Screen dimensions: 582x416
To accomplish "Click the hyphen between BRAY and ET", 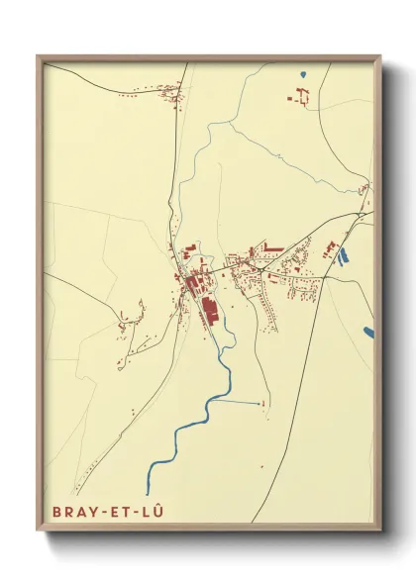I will pyautogui.click(x=95, y=514).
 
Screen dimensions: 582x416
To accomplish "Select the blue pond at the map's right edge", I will pyautogui.click(x=368, y=332).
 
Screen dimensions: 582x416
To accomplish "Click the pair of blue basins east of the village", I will pyautogui.click(x=343, y=255).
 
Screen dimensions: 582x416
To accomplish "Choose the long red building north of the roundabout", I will pyautogui.click(x=273, y=245).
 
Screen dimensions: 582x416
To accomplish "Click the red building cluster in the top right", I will pyautogui.click(x=299, y=96).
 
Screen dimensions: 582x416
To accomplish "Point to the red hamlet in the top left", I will pyautogui.click(x=170, y=94).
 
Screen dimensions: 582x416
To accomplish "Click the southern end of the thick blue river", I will pyautogui.click(x=148, y=491).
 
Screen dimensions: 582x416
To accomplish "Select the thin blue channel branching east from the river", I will pyautogui.click(x=238, y=402).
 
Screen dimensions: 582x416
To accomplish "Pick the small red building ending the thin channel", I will pyautogui.click(x=263, y=404).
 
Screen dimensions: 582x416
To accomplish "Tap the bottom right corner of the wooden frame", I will pyautogui.click(x=380, y=531).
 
